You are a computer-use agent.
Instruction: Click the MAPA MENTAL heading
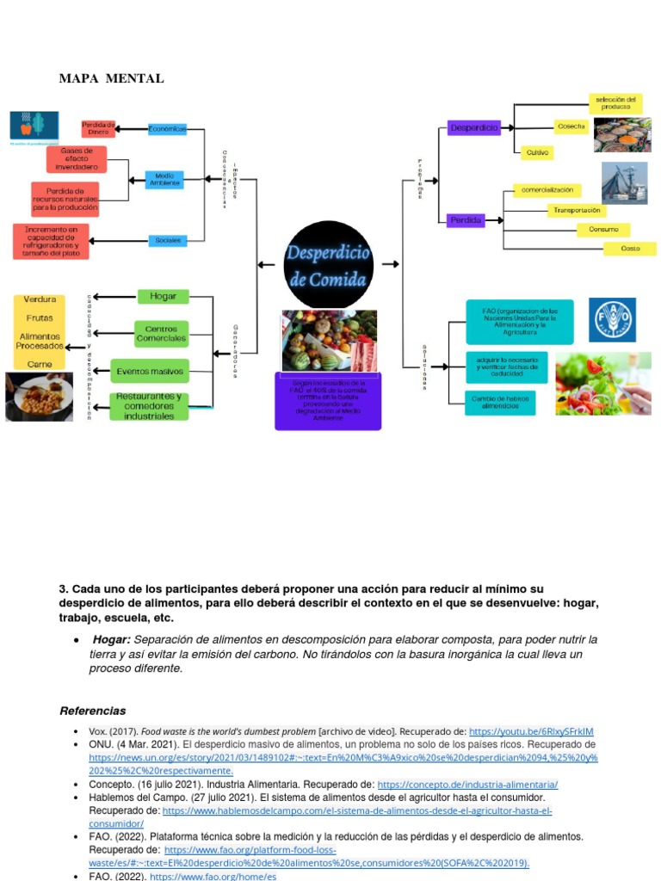111,79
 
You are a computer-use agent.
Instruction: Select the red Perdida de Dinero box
98,129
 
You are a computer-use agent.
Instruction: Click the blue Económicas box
167,129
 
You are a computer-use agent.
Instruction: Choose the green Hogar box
163,296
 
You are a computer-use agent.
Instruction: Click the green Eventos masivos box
150,372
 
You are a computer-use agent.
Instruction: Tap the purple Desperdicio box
473,127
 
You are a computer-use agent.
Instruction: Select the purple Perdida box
466,220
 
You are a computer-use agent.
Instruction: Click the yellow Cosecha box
571,126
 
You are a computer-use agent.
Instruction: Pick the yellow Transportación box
577,210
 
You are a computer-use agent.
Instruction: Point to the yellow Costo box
631,248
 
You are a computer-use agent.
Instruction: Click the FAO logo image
612,320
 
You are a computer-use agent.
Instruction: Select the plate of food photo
39,396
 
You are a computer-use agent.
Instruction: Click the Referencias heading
92,711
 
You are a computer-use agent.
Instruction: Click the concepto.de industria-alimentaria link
467,785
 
